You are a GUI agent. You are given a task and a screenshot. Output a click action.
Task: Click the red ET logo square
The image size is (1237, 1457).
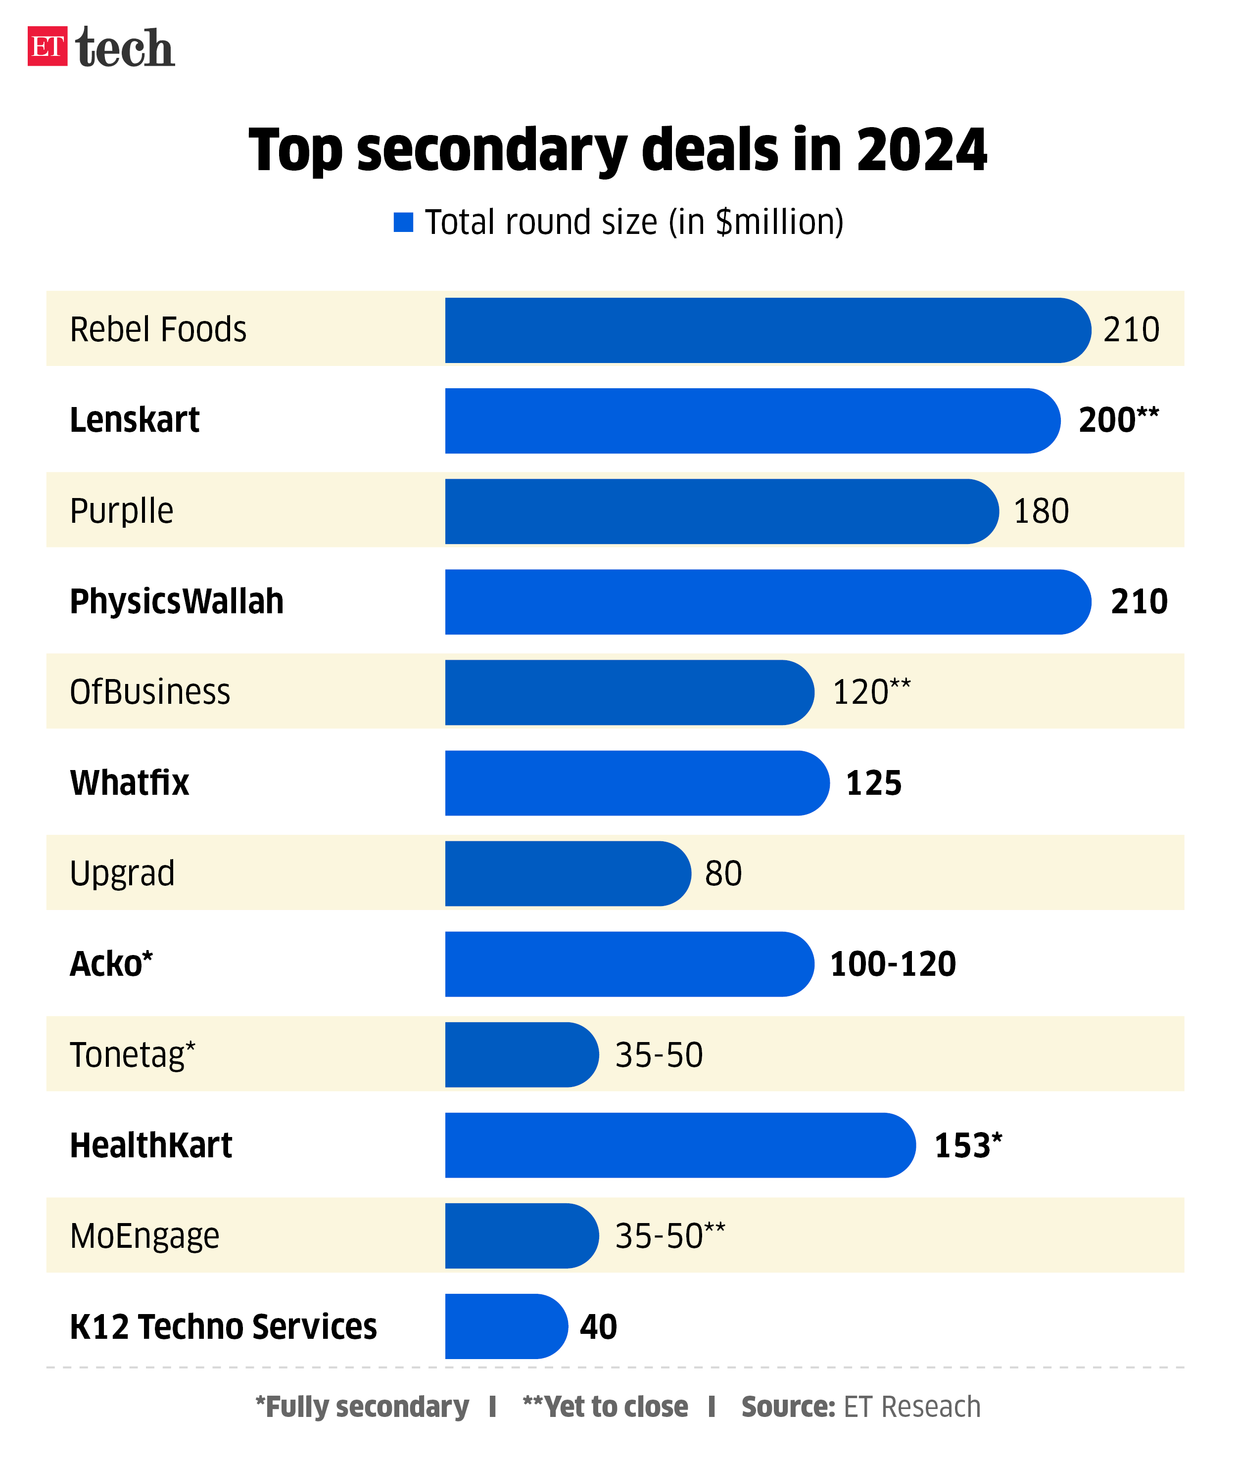coord(47,46)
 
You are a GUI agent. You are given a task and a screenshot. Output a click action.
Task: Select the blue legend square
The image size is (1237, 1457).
coord(403,222)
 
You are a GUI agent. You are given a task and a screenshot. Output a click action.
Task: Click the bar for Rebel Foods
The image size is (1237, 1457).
coord(764,330)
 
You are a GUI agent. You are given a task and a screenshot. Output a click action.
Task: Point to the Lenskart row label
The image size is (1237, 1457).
coord(135,420)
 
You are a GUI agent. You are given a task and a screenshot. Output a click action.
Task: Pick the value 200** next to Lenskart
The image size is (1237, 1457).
coord(1118,420)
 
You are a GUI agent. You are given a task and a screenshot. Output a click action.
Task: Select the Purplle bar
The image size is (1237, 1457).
coord(719,511)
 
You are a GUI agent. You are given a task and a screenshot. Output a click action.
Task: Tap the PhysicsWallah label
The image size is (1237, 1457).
coord(177,601)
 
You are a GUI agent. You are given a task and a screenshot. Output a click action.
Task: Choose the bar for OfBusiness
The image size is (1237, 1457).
coord(627,692)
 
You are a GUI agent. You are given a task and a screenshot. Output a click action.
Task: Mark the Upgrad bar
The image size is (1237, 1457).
coord(567,873)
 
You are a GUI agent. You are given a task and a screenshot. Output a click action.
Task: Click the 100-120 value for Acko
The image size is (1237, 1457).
coord(892,963)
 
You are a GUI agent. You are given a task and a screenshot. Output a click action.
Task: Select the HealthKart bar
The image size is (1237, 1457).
coord(679,1145)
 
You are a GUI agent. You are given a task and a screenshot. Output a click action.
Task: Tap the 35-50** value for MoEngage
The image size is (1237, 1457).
coord(669,1235)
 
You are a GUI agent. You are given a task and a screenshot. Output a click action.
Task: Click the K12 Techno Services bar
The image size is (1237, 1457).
coord(505,1326)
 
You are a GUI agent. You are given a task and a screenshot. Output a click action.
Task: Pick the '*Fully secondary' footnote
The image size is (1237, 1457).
coord(362,1407)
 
